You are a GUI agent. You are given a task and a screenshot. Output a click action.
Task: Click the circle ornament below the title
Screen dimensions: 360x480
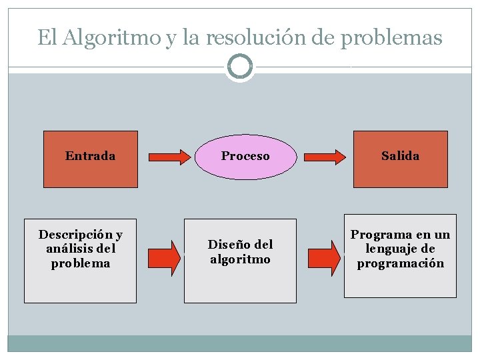tap(240, 67)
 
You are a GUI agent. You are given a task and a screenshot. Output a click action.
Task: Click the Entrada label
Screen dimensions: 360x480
tap(90, 156)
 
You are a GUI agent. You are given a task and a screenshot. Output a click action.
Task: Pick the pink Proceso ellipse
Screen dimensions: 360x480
tap(245, 157)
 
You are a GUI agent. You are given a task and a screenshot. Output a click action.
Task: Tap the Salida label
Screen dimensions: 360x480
tap(400, 156)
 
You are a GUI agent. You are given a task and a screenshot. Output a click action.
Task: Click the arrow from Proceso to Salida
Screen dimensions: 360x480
tap(323, 157)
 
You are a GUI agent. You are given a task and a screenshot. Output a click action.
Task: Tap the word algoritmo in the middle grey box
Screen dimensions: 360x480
tap(240, 259)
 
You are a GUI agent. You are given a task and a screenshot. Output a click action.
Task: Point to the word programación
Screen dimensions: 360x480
tap(400, 263)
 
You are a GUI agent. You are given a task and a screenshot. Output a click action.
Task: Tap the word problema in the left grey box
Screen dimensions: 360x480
tap(81, 263)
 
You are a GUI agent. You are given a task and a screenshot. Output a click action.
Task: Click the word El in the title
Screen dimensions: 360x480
tap(47, 38)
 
